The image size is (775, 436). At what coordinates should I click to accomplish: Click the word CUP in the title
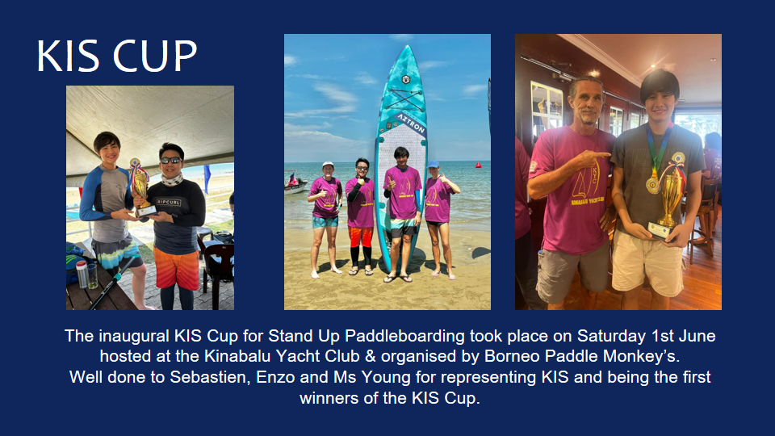[155, 56]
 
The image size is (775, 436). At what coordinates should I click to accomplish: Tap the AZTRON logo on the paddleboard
[410, 124]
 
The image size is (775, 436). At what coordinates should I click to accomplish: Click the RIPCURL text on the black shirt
[169, 202]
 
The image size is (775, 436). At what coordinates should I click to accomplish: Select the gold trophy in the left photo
[140, 188]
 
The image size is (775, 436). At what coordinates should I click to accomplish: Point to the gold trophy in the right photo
[668, 198]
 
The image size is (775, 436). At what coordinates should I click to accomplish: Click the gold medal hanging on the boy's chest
[653, 184]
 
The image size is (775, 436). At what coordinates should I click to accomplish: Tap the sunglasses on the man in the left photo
[171, 160]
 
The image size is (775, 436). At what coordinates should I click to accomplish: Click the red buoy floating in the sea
[478, 165]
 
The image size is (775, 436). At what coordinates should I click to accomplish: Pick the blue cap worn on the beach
[433, 164]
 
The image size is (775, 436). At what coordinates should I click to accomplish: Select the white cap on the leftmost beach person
[327, 164]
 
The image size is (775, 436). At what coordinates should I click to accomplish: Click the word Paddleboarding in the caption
[404, 336]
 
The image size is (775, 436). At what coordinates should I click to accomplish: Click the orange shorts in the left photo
[176, 268]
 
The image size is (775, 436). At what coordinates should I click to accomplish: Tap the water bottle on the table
[82, 275]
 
